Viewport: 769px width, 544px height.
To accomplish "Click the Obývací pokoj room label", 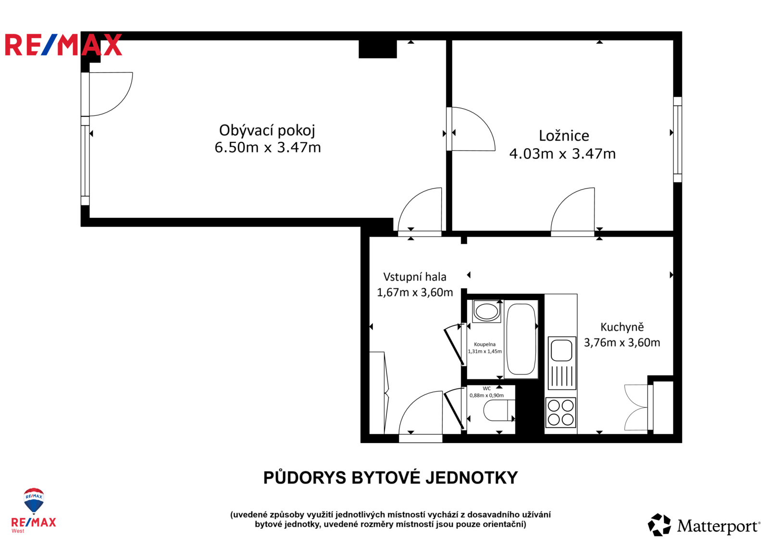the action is click(x=267, y=130).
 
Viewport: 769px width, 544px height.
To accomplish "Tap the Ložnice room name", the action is click(x=564, y=136).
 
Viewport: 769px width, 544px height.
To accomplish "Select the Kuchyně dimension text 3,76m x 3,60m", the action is click(x=622, y=342).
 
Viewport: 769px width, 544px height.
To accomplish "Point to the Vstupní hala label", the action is click(x=415, y=277).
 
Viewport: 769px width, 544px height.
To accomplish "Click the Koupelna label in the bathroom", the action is click(x=484, y=344).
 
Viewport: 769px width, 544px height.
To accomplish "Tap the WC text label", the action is click(x=487, y=389).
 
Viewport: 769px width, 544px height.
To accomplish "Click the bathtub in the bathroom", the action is click(x=521, y=339).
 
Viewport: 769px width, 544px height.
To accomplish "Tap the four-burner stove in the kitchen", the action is click(x=560, y=413).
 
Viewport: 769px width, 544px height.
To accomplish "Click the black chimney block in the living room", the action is click(x=378, y=49).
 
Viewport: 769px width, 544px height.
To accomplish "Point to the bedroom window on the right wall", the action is click(x=677, y=139).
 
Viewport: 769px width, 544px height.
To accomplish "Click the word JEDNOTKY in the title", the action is click(x=471, y=478).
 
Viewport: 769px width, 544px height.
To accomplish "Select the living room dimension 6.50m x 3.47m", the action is click(x=267, y=148).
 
